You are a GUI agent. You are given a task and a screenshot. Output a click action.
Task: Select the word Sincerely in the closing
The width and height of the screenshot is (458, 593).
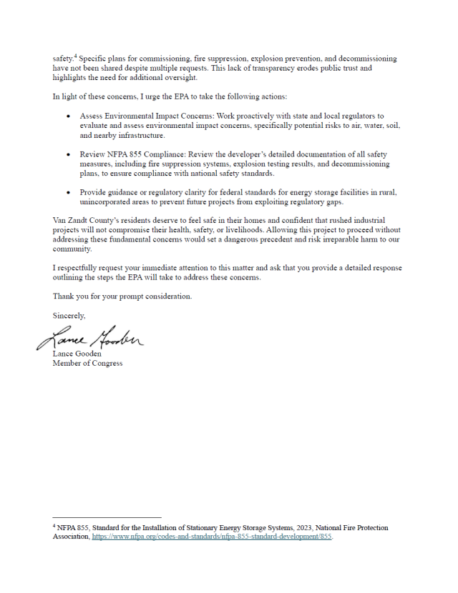(x=69, y=315)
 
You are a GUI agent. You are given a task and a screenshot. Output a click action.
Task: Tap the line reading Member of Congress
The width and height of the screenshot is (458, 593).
(x=87, y=363)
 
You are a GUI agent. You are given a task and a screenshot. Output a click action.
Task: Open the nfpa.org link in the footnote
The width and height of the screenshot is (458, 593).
(x=212, y=537)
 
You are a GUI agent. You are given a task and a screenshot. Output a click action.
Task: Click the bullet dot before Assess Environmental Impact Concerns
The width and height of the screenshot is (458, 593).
(x=68, y=116)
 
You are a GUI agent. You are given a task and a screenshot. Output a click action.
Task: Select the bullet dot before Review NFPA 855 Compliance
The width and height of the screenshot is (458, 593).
(x=68, y=154)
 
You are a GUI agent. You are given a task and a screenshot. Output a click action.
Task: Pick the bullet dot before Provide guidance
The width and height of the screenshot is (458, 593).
(x=68, y=193)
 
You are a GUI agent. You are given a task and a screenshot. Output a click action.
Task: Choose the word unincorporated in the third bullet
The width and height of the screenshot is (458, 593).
(x=108, y=202)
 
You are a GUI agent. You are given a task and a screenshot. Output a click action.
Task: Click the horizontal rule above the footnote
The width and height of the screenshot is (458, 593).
(x=107, y=517)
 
